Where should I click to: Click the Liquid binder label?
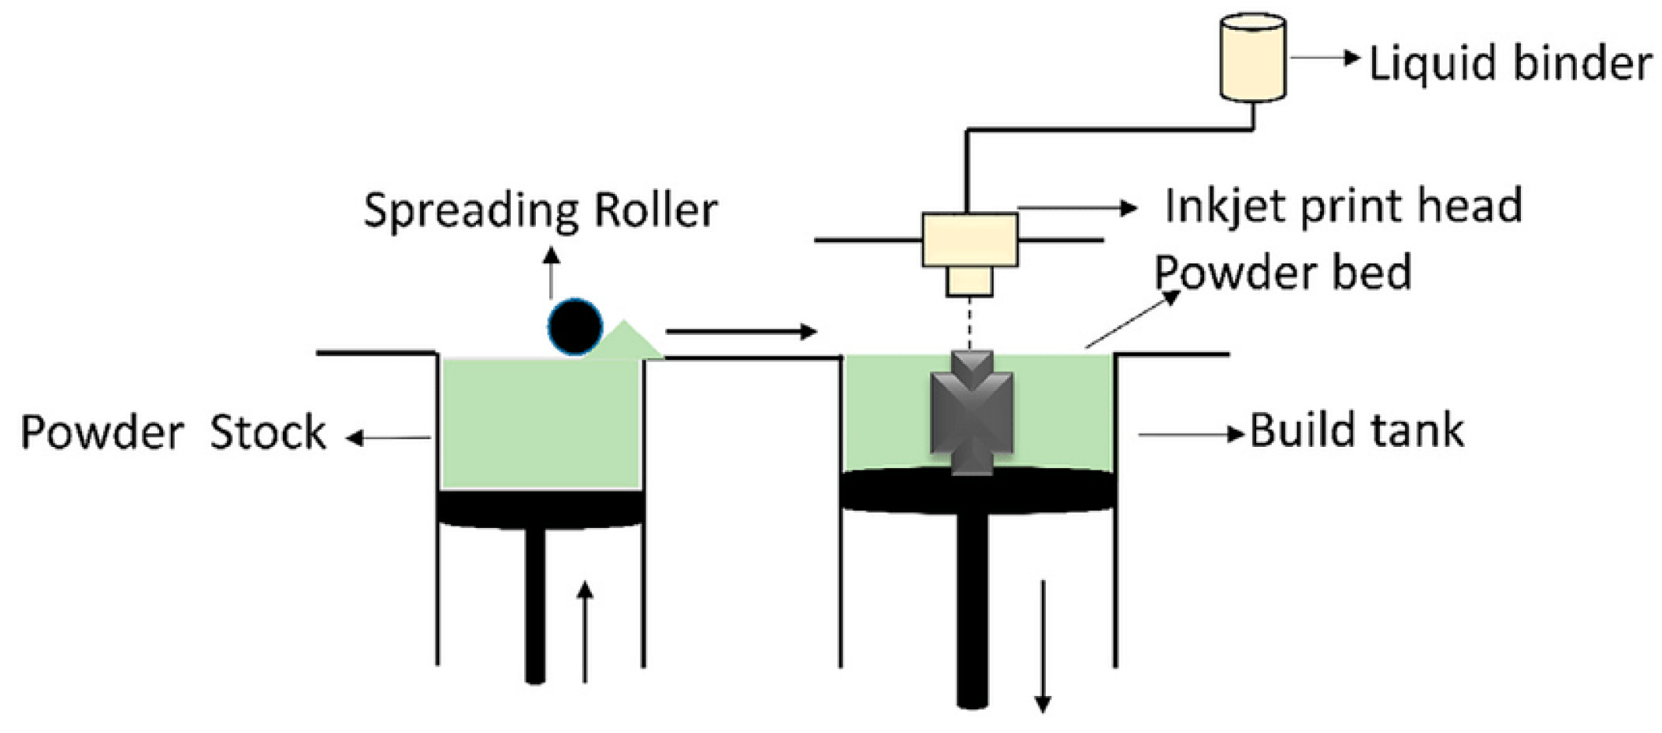tap(1509, 63)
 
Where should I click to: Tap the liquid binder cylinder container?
tap(1253, 58)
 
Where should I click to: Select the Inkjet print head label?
tap(1343, 206)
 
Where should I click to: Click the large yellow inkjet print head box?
tap(969, 240)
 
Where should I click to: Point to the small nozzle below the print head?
tap(969, 281)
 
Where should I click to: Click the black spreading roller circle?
tap(575, 326)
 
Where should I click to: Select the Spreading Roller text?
tap(541, 210)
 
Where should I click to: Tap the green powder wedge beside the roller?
tap(627, 341)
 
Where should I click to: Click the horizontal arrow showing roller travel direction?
tap(741, 332)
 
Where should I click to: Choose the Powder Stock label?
tap(173, 432)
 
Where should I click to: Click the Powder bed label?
tap(1282, 273)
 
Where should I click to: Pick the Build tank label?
tap(1357, 431)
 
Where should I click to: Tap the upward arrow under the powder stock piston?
tap(585, 631)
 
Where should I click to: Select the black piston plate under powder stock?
tap(541, 508)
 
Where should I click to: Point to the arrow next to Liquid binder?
tap(1324, 58)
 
